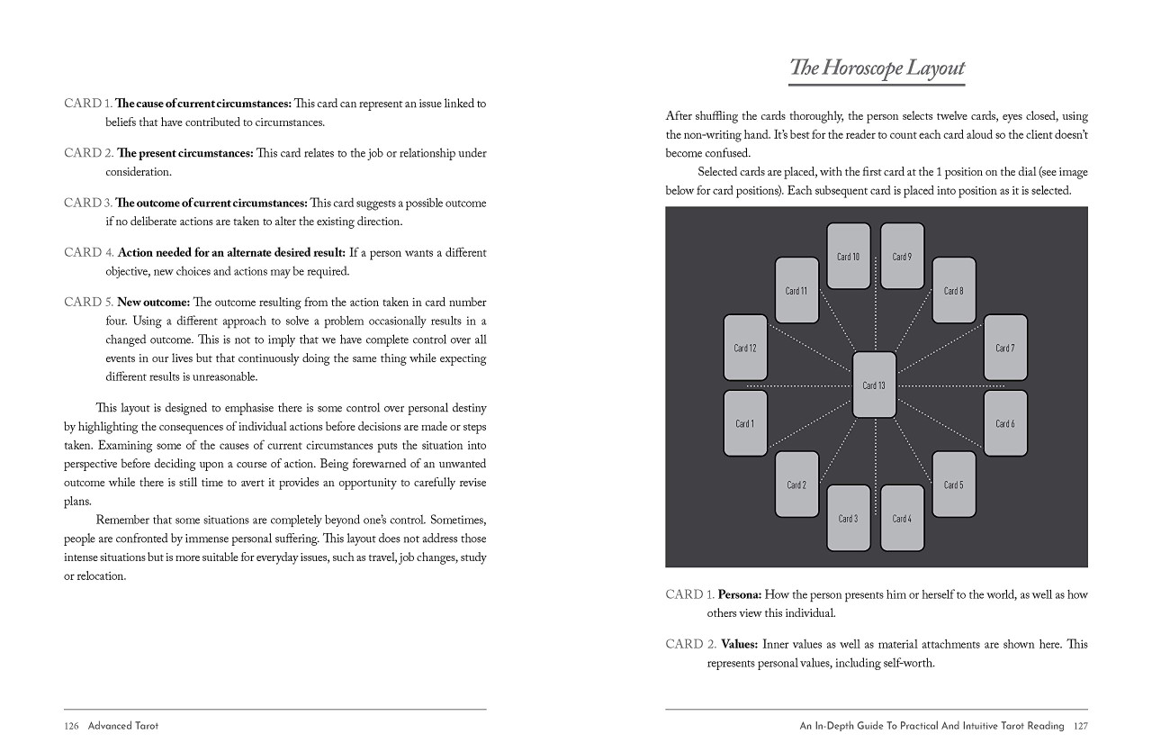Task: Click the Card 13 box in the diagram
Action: [874, 385]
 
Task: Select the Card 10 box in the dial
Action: [849, 257]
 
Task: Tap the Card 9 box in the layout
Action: [902, 257]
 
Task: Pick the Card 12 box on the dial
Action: [745, 348]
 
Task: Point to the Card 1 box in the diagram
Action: [745, 423]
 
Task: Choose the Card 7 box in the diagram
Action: [1005, 348]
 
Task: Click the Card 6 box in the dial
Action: [1005, 423]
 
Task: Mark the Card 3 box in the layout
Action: [849, 518]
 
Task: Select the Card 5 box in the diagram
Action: [953, 485]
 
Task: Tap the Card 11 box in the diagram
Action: [796, 290]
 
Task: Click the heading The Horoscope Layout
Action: [877, 68]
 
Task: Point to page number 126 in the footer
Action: [72, 725]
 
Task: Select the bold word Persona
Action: [740, 595]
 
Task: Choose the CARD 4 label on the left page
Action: [88, 253]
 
